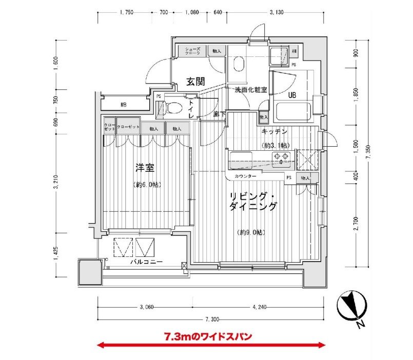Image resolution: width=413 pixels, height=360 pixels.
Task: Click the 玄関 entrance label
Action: click(195, 81)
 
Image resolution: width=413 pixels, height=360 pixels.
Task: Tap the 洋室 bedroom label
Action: click(145, 168)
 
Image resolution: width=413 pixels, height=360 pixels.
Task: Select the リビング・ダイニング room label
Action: click(253, 201)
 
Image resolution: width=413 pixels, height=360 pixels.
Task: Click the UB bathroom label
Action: click(292, 95)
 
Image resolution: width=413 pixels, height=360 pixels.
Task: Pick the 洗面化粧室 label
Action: click(251, 90)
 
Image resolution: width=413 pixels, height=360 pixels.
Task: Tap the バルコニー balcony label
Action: click(146, 262)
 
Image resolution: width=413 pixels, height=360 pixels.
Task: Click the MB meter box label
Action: click(124, 105)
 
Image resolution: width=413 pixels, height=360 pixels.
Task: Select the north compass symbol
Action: click(351, 306)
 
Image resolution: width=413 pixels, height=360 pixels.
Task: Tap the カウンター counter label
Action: click(245, 176)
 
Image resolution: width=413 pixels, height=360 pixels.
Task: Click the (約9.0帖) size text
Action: click(251, 232)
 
